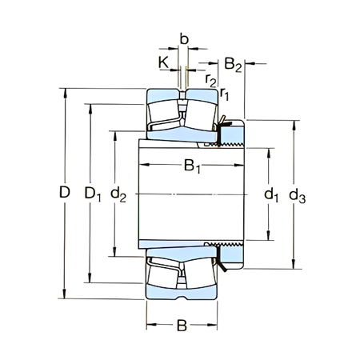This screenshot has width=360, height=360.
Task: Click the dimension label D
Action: (66, 193)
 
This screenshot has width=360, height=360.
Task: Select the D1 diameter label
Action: (93, 193)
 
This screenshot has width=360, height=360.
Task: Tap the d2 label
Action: (119, 193)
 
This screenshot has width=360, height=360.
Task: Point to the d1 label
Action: (270, 194)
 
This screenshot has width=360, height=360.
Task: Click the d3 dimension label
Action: (297, 194)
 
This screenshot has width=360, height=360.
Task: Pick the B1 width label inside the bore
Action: (192, 167)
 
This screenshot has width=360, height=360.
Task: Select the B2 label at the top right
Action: (233, 63)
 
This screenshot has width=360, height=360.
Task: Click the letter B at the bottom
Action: (182, 326)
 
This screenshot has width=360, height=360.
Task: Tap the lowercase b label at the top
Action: (184, 38)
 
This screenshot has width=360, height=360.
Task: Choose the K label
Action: (164, 62)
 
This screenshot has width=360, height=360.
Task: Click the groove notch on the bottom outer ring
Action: (182, 298)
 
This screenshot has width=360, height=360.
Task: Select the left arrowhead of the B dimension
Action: (150, 326)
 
